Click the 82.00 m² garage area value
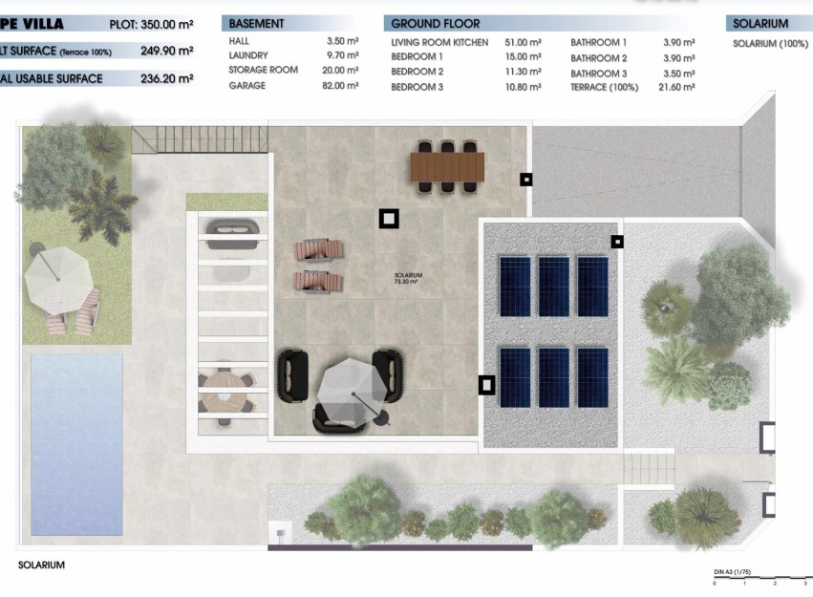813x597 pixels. coord(340,86)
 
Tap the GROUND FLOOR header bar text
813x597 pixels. coord(436,23)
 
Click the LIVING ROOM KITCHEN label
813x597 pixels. coord(439,43)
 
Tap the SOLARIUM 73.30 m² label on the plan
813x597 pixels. coord(408,278)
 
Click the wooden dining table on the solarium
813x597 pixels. coord(447,167)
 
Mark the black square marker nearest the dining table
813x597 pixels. coord(525,180)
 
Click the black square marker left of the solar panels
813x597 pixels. coord(487,385)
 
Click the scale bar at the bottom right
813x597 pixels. coord(760,577)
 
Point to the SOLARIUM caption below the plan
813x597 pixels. coord(41,565)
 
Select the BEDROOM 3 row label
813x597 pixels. coord(417,87)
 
